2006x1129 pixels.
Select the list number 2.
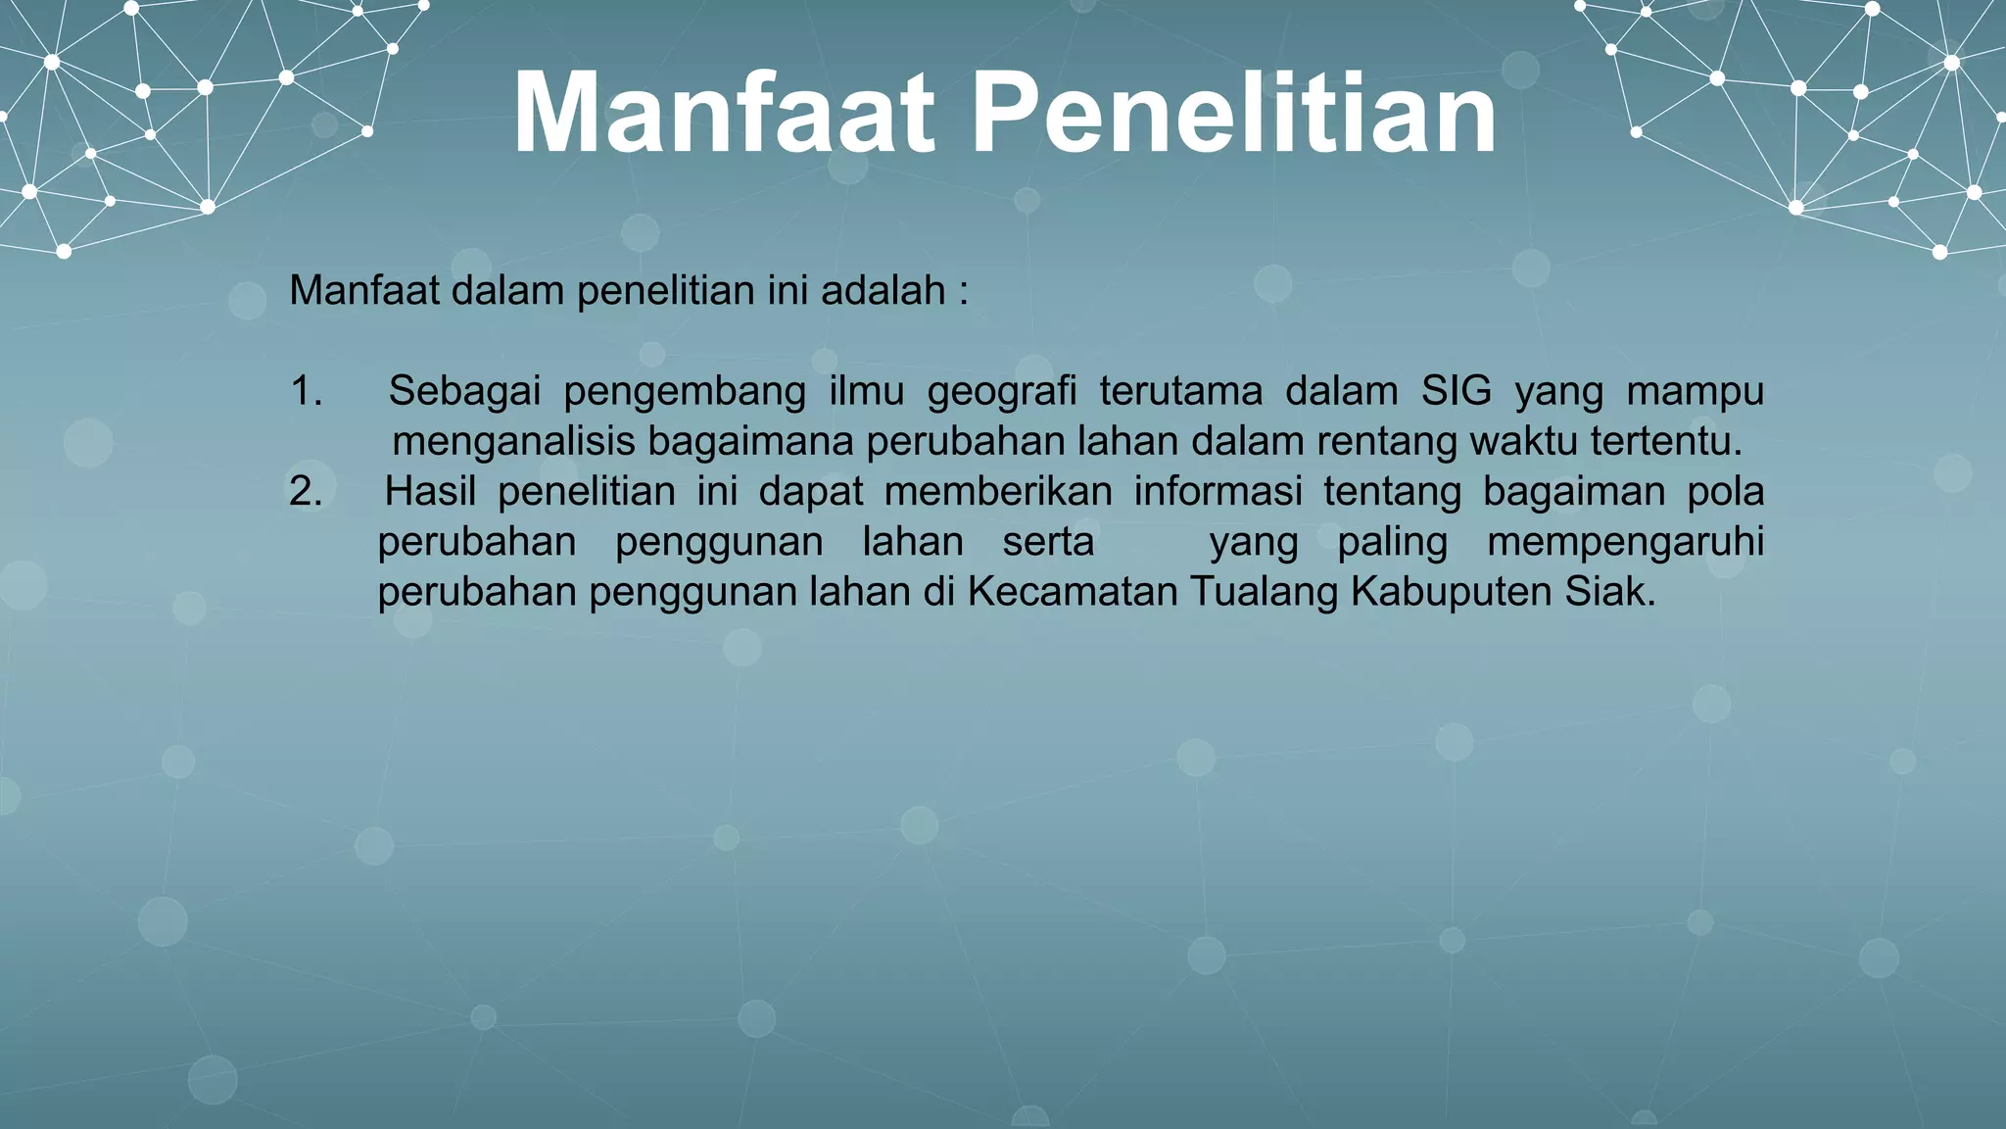pos(306,491)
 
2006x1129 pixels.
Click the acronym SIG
pos(1457,391)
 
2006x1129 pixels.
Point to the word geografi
pos(1001,392)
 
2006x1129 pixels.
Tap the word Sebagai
pos(464,391)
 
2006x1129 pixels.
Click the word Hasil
pos(430,491)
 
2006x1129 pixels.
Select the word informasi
pos(1218,491)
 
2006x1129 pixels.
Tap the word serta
pos(1048,542)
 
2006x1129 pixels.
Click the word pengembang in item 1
pos(684,392)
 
